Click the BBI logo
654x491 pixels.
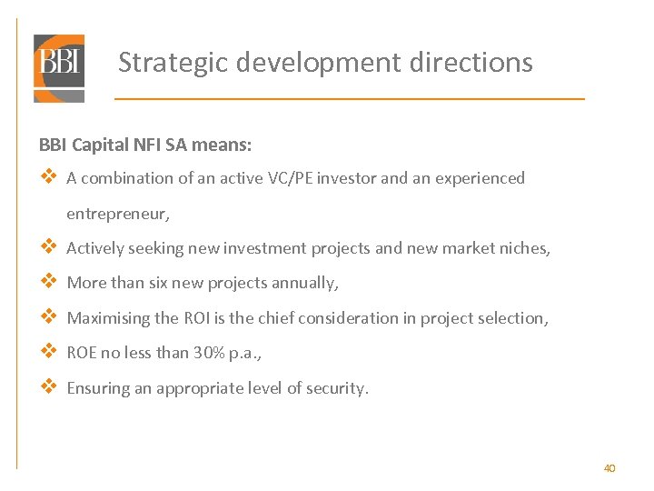click(59, 67)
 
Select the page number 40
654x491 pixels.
click(609, 468)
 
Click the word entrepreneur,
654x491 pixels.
click(118, 214)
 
